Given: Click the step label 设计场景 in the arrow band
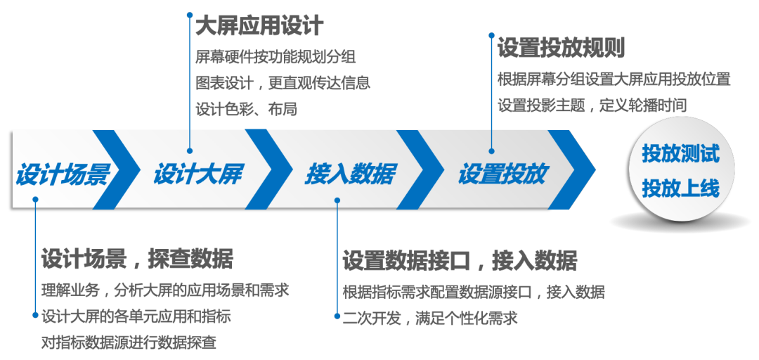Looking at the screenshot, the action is pos(63,174).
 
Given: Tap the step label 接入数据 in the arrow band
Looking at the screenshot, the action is pos(349,174).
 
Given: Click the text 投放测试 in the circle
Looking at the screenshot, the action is pos(680,154).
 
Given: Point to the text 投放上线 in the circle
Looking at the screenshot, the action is pos(680,188).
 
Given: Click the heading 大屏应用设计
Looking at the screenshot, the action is pos(259,27).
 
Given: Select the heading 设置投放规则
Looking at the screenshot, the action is pos(561,48).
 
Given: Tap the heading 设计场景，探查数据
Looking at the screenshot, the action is pos(137,259).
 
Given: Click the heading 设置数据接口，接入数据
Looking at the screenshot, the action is pos(460,261).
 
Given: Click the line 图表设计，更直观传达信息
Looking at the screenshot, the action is pos(283,83).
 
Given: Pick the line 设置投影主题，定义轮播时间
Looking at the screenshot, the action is pos(592,105).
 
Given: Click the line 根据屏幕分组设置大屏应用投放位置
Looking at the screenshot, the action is pos(614,79).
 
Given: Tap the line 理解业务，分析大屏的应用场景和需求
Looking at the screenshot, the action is pos(165,290).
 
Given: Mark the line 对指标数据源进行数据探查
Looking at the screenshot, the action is pos(129,343).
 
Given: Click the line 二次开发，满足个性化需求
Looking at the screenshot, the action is pos(430,318).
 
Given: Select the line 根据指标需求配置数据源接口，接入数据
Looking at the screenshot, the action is pos(473,292).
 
